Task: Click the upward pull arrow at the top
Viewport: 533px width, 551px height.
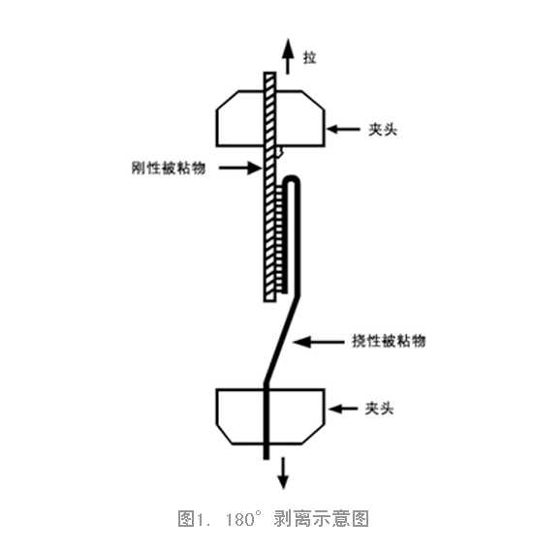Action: pyautogui.click(x=288, y=56)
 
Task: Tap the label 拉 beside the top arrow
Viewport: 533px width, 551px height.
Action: pyautogui.click(x=309, y=58)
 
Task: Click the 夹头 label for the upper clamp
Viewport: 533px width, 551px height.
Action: pyautogui.click(x=383, y=130)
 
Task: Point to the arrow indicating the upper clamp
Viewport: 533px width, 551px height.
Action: pyautogui.click(x=343, y=129)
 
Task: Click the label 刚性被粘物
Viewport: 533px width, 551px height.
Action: pyautogui.click(x=168, y=168)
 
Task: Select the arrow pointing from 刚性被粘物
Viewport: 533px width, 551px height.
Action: pyautogui.click(x=240, y=168)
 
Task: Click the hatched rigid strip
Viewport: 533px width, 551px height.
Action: pyautogui.click(x=269, y=187)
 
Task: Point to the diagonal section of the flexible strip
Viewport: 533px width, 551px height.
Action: pyautogui.click(x=282, y=339)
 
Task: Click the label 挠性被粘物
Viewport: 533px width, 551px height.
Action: pyautogui.click(x=389, y=341)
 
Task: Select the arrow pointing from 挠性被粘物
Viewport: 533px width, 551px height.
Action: pyautogui.click(x=319, y=342)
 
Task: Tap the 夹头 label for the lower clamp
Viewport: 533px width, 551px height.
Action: pyautogui.click(x=379, y=409)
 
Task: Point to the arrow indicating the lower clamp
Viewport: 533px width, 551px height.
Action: pyautogui.click(x=343, y=409)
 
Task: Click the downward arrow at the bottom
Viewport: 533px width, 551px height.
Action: pyautogui.click(x=283, y=473)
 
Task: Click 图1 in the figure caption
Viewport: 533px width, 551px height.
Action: pyautogui.click(x=190, y=519)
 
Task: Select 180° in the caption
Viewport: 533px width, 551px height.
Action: pyautogui.click(x=244, y=519)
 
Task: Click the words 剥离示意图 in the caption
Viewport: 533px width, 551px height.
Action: pyautogui.click(x=321, y=519)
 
